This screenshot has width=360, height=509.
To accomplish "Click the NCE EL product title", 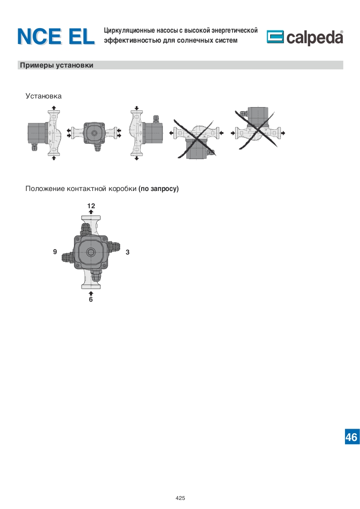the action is coord(56,36).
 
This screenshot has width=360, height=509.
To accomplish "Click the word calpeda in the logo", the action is coord(315,37).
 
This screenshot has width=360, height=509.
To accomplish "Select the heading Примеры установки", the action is coord(57,65).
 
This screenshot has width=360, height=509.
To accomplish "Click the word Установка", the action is coord(44,96).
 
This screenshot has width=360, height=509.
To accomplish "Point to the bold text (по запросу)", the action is coord(158,189).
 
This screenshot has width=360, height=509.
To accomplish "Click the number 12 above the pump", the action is coord(91,206).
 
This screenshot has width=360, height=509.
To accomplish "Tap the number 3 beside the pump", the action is coord(128,252).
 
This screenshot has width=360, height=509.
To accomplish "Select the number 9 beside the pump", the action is coord(55,252).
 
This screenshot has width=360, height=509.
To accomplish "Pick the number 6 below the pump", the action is coord(91,299).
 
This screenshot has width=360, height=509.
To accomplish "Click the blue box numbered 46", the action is coord(352,437).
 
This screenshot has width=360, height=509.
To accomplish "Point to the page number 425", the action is coord(180,498).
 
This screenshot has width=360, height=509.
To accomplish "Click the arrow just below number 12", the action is coord(91,212).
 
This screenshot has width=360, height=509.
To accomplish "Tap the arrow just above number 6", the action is coord(91,294).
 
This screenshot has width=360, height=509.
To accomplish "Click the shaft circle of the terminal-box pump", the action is coord(90,252).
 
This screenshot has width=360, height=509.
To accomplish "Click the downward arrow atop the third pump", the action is coord(137,108).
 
